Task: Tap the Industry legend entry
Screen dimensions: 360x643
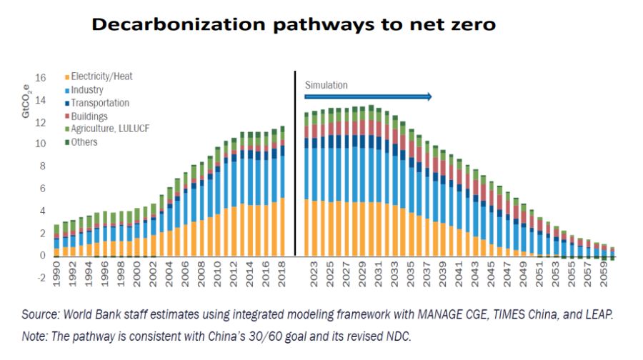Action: coord(87,90)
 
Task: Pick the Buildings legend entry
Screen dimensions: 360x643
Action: coord(89,116)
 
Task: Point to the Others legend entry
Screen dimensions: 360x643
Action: coord(84,141)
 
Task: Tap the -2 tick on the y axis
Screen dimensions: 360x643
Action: coord(41,278)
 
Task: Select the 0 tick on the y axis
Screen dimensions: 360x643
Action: coord(43,255)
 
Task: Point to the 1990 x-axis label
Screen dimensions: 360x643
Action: coord(57,277)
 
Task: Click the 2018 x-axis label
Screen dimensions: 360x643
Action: coord(281,277)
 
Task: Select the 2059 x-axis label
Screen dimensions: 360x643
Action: coord(604,277)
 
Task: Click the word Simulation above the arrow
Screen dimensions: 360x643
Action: coord(327,86)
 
